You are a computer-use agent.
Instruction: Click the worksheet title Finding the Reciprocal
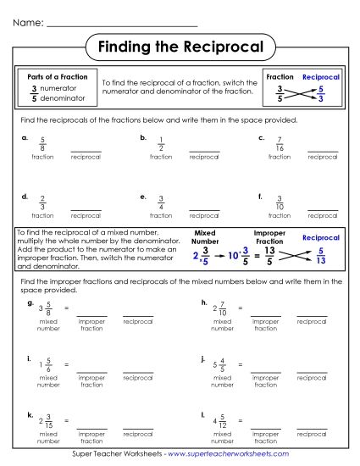[x=180, y=45]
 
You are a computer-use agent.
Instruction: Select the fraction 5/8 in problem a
[x=42, y=143]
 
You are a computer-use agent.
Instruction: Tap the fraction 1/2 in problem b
[x=161, y=143]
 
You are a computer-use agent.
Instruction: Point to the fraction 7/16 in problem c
[x=280, y=143]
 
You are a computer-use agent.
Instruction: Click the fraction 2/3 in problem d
[x=42, y=203]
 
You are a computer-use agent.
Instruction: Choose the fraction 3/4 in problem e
[x=161, y=203]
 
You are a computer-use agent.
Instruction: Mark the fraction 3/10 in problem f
[x=280, y=203]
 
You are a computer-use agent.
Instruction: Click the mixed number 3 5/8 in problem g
[x=45, y=309]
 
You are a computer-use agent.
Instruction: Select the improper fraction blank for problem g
[x=91, y=314]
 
